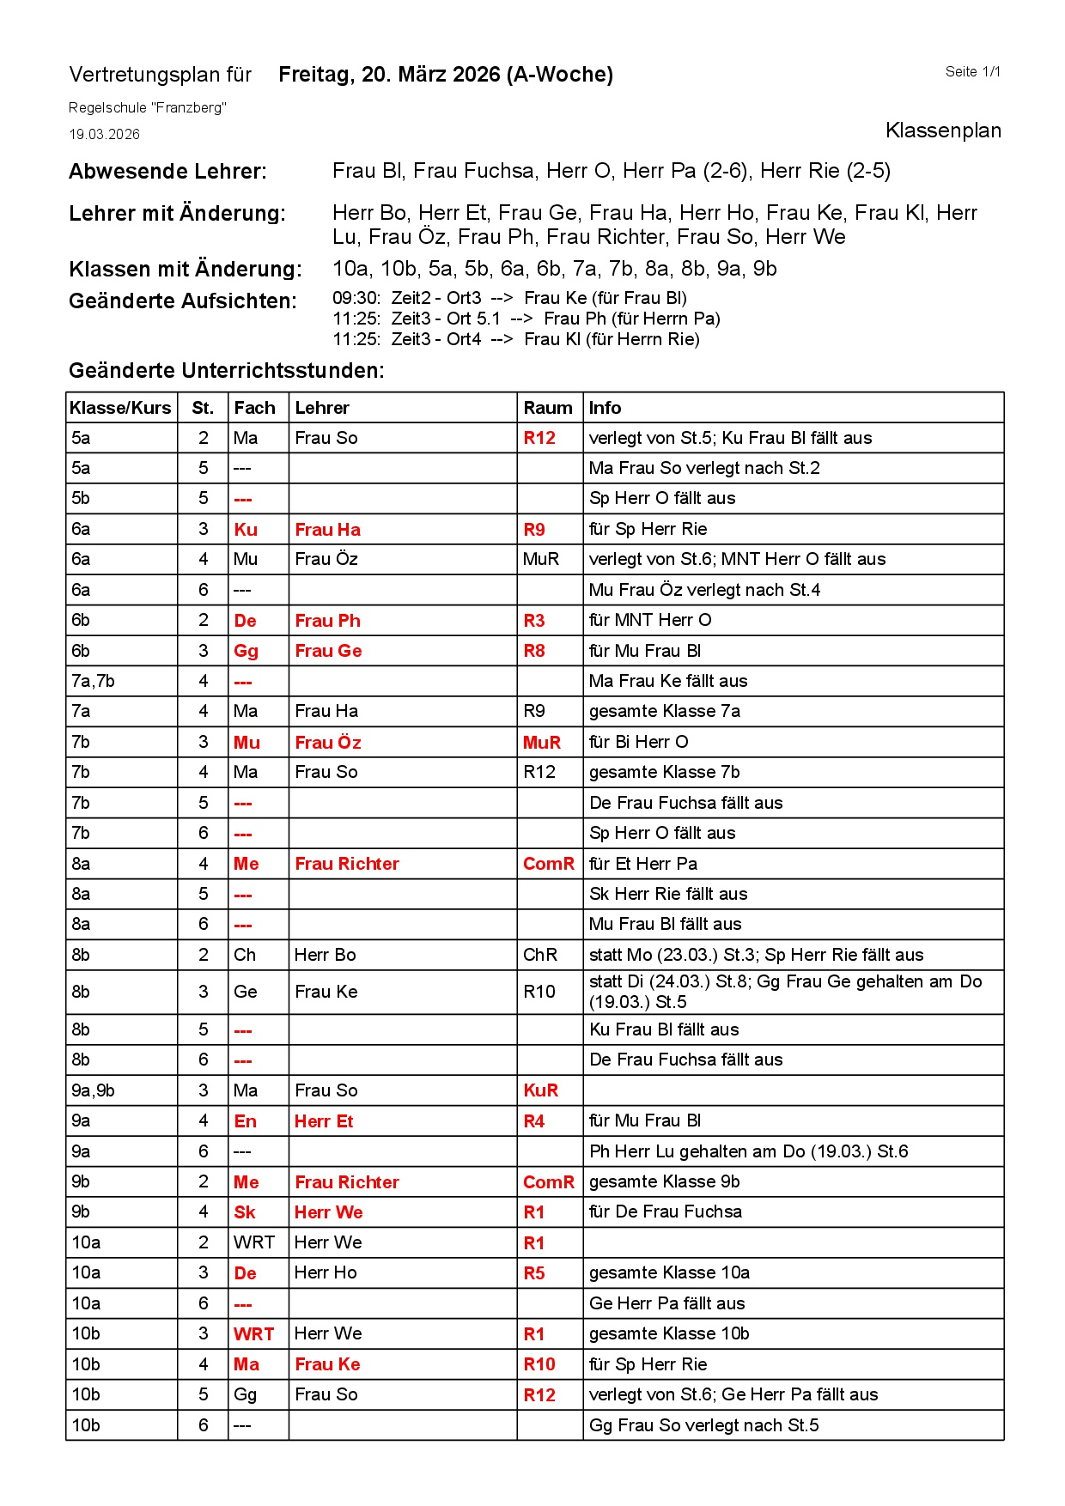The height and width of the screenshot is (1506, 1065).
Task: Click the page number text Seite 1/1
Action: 972,72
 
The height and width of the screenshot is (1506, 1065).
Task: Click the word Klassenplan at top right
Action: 942,131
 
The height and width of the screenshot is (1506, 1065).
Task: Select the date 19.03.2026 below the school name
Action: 104,134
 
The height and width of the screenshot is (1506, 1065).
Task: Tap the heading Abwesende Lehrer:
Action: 167,172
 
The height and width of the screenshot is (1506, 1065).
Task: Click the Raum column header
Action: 548,408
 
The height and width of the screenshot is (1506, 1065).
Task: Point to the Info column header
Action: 605,408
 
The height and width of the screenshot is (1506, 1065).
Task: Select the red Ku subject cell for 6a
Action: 246,530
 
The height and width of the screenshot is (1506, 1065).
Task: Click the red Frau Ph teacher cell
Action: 327,621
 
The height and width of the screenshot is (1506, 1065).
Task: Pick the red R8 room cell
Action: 534,651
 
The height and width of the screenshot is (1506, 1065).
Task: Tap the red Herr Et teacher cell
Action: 324,1121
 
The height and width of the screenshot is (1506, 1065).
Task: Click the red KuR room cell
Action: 540,1090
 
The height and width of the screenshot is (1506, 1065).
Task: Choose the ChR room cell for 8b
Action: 540,955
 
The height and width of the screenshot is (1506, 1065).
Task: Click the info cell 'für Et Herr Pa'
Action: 643,864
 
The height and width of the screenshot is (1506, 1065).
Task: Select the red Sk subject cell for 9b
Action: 245,1212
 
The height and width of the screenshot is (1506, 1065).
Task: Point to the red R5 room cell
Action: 534,1273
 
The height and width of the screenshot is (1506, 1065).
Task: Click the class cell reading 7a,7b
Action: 93,681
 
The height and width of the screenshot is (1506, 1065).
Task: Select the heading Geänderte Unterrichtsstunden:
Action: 227,371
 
